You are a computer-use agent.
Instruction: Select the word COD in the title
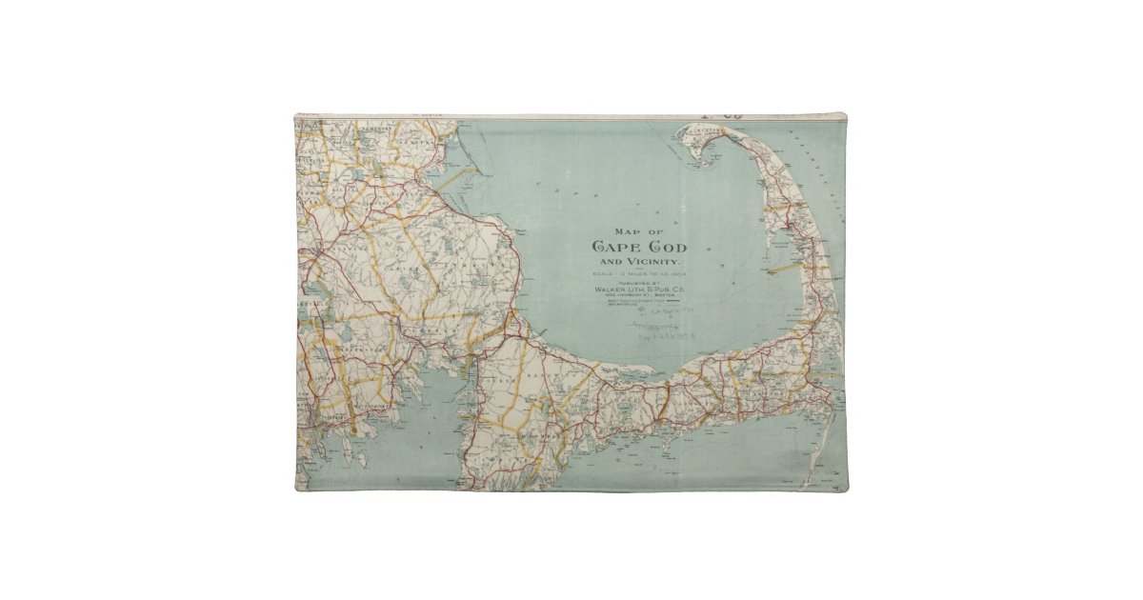coord(665,247)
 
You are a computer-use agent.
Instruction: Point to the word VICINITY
coord(652,261)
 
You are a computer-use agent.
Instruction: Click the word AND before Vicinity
coord(610,261)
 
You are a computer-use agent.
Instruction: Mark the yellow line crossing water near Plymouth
coord(457,176)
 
